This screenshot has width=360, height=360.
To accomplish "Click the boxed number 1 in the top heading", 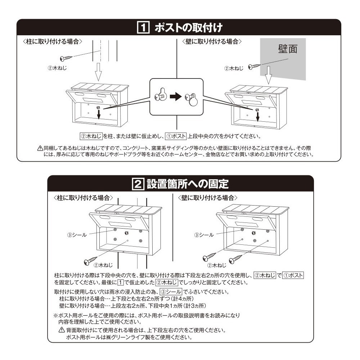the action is (x=143, y=27).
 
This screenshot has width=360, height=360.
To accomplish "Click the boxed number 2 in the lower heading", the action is (x=138, y=184).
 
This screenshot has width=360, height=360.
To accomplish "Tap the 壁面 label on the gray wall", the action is (x=288, y=49).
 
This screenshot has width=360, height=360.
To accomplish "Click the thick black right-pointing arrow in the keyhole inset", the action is (x=176, y=96).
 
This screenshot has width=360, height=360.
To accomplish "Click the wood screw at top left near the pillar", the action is (x=66, y=58).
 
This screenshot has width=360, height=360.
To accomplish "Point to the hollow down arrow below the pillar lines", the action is (x=98, y=72).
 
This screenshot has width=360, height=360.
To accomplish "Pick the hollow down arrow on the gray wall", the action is (x=269, y=75).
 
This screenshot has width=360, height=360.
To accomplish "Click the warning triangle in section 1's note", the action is (x=40, y=148).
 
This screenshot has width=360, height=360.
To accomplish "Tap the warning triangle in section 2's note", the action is (x=62, y=330).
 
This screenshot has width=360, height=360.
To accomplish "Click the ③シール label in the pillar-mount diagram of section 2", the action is (x=77, y=235).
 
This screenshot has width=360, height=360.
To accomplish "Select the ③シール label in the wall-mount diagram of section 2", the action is (x=204, y=235).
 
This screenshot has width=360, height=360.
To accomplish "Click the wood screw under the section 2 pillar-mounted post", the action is (x=90, y=261).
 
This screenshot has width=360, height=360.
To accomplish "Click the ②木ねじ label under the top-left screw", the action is (x=57, y=68).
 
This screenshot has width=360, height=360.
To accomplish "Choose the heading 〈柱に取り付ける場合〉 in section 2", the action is (x=83, y=198).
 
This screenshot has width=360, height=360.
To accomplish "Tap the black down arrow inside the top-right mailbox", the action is (x=258, y=117).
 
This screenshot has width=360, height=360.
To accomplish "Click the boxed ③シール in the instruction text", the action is (x=171, y=292).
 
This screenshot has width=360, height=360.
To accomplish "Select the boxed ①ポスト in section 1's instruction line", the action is (x=176, y=136).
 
